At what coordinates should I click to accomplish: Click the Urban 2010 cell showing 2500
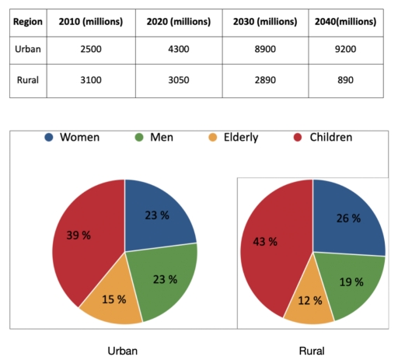(90, 51)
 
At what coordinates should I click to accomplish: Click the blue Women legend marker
(49, 138)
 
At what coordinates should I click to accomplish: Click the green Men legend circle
(140, 138)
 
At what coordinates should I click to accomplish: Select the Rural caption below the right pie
(312, 351)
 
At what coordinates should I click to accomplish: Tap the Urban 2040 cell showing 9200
(345, 51)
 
